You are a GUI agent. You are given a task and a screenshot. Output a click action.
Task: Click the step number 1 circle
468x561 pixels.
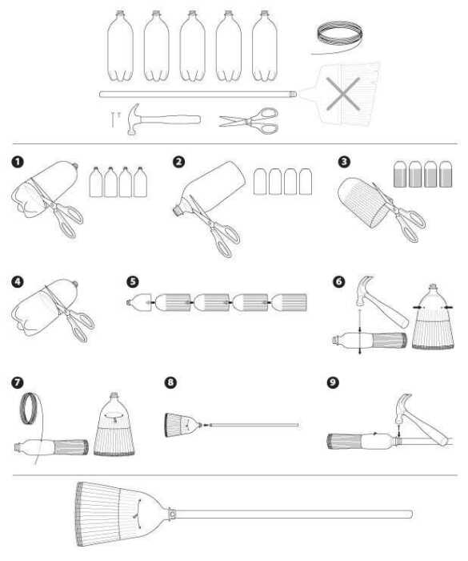coord(17,162)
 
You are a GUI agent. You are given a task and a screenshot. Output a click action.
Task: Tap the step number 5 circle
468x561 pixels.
coord(132,281)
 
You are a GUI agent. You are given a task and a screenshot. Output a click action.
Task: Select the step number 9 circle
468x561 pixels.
coord(333,382)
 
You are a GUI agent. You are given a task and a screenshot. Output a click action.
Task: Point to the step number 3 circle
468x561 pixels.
coord(344,162)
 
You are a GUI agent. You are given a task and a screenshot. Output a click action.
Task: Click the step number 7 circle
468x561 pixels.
coord(17,382)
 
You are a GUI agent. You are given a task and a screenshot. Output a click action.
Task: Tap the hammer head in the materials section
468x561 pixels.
coord(134,119)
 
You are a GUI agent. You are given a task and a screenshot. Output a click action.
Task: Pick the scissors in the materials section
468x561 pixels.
coord(249,121)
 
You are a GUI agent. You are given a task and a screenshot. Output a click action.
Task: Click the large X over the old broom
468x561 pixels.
coord(342,94)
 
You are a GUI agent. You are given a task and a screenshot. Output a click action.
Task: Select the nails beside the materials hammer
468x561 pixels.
coord(115,119)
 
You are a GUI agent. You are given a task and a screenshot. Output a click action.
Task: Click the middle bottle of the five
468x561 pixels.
coord(193,46)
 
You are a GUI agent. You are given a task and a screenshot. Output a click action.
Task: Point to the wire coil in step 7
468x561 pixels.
coord(30,409)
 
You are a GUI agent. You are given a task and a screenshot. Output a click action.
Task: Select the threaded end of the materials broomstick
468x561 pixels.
coord(292,94)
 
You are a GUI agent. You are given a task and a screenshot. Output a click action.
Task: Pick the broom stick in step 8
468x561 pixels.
coord(254,425)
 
